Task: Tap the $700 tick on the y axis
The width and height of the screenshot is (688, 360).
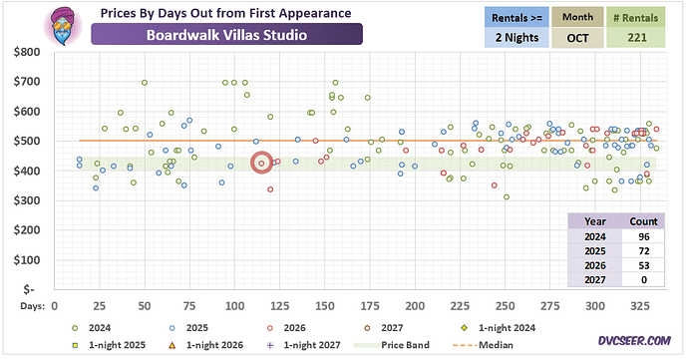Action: tap(27, 81)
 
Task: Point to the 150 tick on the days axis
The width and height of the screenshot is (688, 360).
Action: tap(325, 306)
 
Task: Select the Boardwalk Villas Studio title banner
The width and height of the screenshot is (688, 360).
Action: tap(227, 35)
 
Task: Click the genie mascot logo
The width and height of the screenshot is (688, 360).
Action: tap(63, 26)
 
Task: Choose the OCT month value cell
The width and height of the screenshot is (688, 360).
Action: tap(577, 38)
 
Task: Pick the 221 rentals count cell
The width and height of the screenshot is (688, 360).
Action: tap(637, 38)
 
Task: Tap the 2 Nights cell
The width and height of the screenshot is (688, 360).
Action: tap(516, 38)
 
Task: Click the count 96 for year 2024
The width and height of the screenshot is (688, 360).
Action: tap(644, 236)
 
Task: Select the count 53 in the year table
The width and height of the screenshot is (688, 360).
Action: tap(644, 265)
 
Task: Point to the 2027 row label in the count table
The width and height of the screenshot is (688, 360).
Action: tap(595, 279)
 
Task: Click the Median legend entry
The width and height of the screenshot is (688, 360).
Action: tap(483, 345)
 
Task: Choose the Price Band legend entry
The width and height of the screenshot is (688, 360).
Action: tap(392, 345)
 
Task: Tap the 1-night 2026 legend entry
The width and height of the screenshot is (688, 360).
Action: tap(205, 345)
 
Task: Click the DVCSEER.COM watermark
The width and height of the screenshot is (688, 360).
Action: tap(634, 341)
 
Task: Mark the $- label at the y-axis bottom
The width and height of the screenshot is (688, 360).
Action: tap(29, 289)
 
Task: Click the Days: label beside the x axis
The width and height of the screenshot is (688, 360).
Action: tap(33, 306)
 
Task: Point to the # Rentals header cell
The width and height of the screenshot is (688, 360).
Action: tap(636, 18)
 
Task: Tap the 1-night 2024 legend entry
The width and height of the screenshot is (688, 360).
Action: tap(498, 328)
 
